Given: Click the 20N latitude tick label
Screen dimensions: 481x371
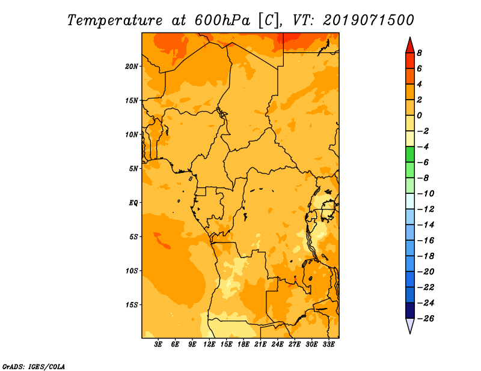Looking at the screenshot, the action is coord(132,67).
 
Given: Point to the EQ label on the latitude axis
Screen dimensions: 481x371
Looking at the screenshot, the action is coord(133,203).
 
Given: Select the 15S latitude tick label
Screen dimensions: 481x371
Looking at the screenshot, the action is coord(132,305).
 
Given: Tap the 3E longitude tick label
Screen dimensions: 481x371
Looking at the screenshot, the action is coord(158,345).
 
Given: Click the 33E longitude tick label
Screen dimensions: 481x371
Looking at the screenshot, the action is coord(328,345).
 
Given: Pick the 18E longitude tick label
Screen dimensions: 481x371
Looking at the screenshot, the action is coord(244,345).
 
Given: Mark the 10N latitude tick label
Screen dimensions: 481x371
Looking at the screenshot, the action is coord(132,134).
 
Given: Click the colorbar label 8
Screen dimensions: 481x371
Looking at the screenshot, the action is coord(419,53).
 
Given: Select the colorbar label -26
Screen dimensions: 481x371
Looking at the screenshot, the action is coord(426,319).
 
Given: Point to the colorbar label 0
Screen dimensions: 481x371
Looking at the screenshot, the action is coord(419,115).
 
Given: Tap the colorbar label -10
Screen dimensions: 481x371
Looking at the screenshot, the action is coord(426,194).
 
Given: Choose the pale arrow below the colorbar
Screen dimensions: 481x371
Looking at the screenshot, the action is coord(410,325).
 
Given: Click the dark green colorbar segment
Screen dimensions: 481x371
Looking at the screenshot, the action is coord(410,154).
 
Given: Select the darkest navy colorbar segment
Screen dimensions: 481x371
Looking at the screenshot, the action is coord(410,310).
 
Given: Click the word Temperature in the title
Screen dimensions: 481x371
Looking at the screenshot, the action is coord(115,21).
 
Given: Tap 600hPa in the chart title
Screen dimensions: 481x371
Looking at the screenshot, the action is coord(222,20).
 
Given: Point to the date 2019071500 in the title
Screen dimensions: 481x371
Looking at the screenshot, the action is coord(369,20).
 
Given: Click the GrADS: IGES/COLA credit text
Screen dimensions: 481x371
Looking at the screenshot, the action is coord(34,367).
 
